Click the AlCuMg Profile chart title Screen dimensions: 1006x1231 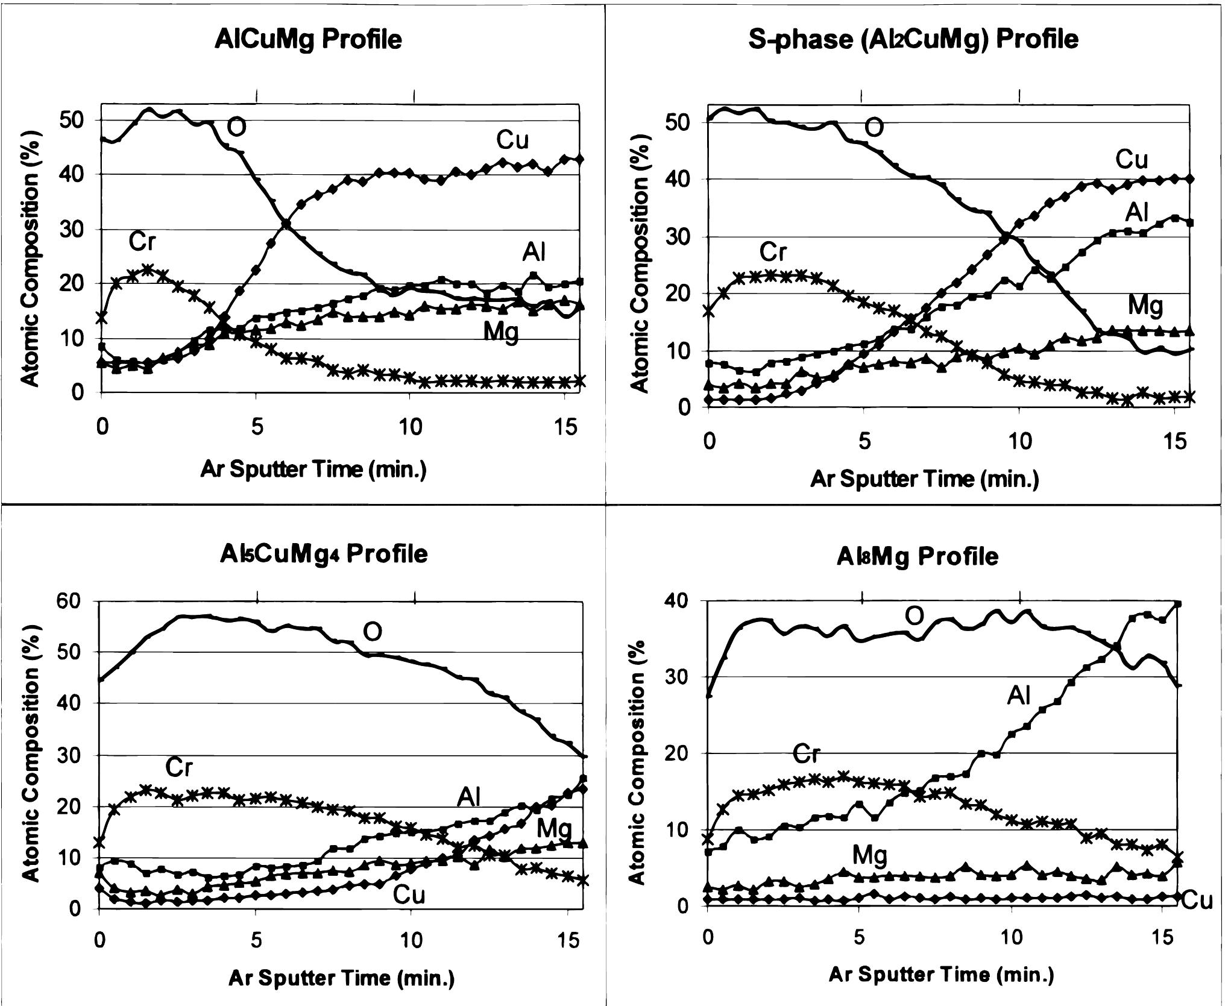click(308, 40)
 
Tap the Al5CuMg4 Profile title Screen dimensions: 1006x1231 click(324, 553)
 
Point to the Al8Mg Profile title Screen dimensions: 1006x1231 click(917, 556)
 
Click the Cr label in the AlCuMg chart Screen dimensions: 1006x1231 click(142, 242)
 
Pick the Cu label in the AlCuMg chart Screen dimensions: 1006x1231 click(512, 140)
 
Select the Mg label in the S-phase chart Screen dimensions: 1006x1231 click(1145, 306)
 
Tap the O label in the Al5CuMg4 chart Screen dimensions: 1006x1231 click(372, 632)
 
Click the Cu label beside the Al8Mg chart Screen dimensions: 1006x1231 click(1197, 901)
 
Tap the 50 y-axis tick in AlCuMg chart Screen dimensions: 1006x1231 click(75, 120)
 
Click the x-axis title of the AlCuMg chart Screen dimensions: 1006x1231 click(313, 470)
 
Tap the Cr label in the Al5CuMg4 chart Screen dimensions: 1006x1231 click(179, 767)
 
